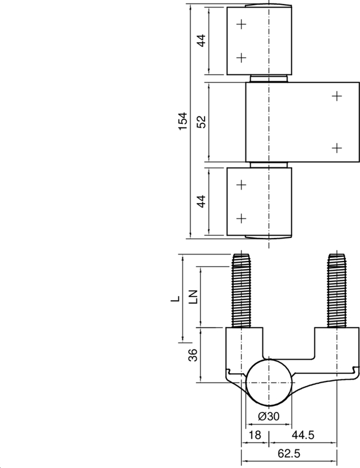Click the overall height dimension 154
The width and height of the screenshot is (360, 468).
pos(183,122)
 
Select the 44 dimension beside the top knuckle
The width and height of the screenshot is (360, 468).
pos(201,41)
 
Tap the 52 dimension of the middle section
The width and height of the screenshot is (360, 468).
pos(201,122)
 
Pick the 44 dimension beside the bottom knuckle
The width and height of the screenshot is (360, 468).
pos(201,202)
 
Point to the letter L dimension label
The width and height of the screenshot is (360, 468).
pos(174,298)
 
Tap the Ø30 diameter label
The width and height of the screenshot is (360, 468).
pos(268,416)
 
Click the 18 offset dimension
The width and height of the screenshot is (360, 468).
pos(254,435)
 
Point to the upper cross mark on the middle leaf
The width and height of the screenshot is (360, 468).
pos(336,96)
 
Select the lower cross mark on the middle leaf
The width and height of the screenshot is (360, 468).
pos(336,147)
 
